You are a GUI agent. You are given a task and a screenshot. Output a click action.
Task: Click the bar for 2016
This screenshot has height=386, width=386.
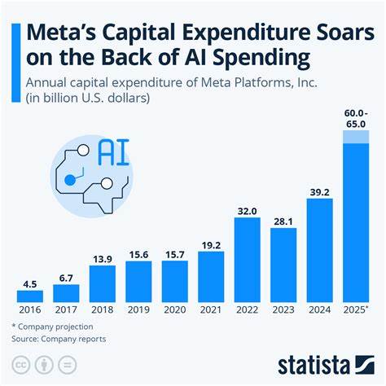click(30, 296)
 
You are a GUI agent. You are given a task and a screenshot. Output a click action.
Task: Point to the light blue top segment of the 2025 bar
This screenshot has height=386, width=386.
click(355, 136)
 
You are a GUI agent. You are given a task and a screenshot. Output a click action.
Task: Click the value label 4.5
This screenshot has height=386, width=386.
click(30, 283)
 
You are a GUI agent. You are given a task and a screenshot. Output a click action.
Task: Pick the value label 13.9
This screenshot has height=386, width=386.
click(103, 257)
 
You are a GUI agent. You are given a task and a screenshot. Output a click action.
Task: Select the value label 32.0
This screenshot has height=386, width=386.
click(248, 210)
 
